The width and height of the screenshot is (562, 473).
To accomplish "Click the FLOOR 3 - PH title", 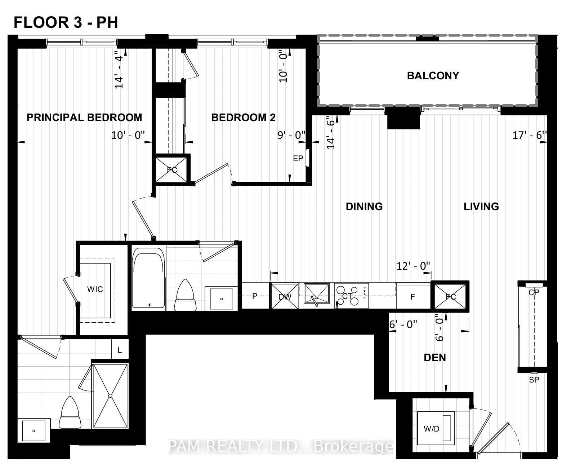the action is tap(66, 22).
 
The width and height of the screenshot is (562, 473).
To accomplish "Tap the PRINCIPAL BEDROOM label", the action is tap(84, 118).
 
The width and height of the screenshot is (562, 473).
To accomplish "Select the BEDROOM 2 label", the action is tap(243, 118).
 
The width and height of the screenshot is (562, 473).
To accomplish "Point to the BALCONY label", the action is tap(433, 76).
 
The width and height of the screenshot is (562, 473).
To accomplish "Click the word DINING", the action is tap(364, 207).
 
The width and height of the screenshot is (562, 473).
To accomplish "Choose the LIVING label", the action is tap(481, 207).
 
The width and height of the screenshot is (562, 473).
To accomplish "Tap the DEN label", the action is tap(435, 358).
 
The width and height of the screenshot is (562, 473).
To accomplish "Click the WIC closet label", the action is tap(95, 289).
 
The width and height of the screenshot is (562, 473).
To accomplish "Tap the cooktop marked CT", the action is tap(352, 296).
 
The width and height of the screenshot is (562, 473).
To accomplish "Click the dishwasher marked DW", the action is tap(285, 296).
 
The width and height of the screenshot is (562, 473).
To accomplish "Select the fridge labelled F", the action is tap(413, 296).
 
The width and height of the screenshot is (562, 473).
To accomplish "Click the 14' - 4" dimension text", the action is tap(119, 70).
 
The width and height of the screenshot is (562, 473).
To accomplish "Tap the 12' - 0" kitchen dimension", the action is tap(414, 266).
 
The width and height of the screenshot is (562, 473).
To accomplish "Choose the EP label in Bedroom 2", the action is tap(298, 158).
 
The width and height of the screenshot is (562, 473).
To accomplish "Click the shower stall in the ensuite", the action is tap(110, 396).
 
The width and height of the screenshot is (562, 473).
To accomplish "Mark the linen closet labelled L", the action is tap(120, 350).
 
